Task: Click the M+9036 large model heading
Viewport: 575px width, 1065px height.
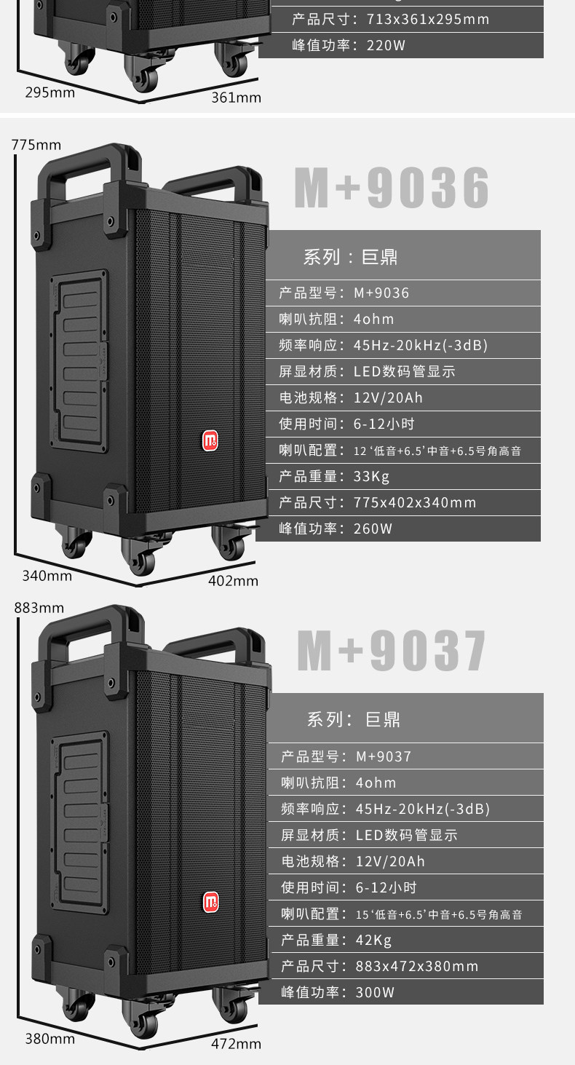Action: coord(392,189)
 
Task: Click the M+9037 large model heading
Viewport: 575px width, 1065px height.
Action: coord(392,650)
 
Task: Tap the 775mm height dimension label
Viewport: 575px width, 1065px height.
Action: coord(36,145)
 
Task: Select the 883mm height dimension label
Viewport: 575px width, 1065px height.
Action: coord(39,608)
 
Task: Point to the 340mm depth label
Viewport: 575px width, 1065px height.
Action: coord(47,576)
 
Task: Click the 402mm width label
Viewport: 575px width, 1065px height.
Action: coord(234,581)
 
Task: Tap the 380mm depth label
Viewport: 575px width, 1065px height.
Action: coord(50,1039)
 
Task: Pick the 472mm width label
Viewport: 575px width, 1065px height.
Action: coord(236,1044)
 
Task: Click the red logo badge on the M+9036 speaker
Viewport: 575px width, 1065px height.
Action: coord(210,440)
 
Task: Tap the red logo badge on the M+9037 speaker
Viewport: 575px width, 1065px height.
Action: coord(211,903)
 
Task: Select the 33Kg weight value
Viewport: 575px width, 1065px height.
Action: coord(372,477)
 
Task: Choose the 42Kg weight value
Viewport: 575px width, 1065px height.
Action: coord(374,940)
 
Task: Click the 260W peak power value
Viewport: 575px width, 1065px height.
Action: coord(373,529)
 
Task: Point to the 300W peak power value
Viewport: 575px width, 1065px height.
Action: coord(376,992)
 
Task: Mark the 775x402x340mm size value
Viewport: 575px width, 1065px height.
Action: coord(415,503)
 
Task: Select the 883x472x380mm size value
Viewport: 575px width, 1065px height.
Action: coord(417,966)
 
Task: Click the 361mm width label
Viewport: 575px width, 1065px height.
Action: coord(236,97)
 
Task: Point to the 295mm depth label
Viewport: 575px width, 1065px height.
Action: coord(50,92)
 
